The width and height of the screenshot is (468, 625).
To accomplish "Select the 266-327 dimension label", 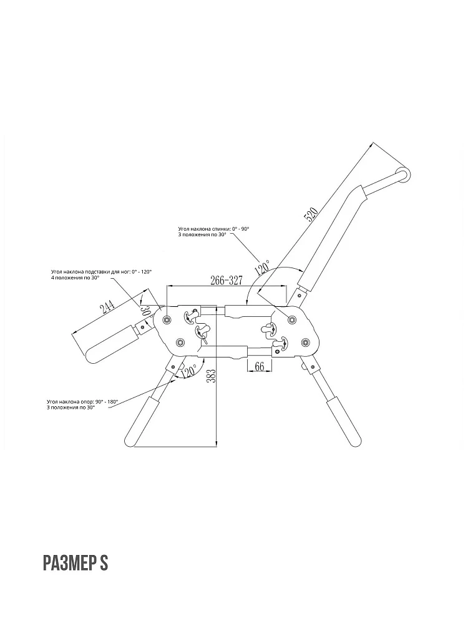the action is tap(226, 280).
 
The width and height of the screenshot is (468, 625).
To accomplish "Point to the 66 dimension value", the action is tap(260, 366).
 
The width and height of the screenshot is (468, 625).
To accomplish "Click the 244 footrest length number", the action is tap(107, 307).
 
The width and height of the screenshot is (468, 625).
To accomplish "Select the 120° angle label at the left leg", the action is tap(188, 371).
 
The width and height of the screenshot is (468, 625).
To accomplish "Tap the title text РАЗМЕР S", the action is tap(76, 563).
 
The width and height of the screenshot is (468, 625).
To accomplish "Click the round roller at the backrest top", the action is tap(403, 176).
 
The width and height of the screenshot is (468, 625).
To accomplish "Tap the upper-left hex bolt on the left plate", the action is tap(166, 319).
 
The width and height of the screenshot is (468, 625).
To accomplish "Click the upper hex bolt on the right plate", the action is tap(292, 319).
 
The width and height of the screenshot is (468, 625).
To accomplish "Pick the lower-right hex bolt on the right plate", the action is tap(305, 342).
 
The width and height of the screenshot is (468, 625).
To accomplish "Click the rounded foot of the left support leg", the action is tap(131, 441).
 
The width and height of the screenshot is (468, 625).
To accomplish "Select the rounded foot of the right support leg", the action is tap(356, 440).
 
